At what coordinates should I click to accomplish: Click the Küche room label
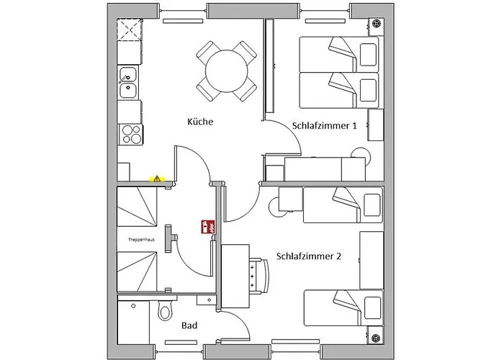(200, 122)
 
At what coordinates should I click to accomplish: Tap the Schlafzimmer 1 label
(324, 125)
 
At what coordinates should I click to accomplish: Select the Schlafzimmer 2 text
(309, 256)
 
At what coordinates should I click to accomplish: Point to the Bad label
(189, 325)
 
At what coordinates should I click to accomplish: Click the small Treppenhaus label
(141, 240)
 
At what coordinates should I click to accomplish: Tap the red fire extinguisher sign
(208, 227)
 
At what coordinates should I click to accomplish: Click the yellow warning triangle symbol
(157, 179)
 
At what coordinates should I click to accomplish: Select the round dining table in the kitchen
(227, 71)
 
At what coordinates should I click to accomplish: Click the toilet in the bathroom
(165, 310)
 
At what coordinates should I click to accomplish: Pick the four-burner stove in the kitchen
(132, 135)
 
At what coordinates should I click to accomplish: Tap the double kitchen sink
(128, 82)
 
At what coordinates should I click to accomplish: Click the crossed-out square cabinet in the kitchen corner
(130, 30)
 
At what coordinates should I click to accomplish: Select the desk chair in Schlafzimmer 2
(259, 276)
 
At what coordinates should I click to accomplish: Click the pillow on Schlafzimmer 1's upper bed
(368, 55)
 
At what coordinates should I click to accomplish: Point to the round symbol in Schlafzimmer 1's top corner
(376, 24)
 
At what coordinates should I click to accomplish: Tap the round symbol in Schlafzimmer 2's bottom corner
(375, 338)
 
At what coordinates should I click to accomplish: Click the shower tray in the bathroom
(134, 323)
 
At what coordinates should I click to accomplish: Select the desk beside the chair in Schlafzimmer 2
(235, 276)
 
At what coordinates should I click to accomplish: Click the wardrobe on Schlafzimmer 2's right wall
(372, 261)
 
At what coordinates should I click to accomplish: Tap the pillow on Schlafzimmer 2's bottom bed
(372, 308)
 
